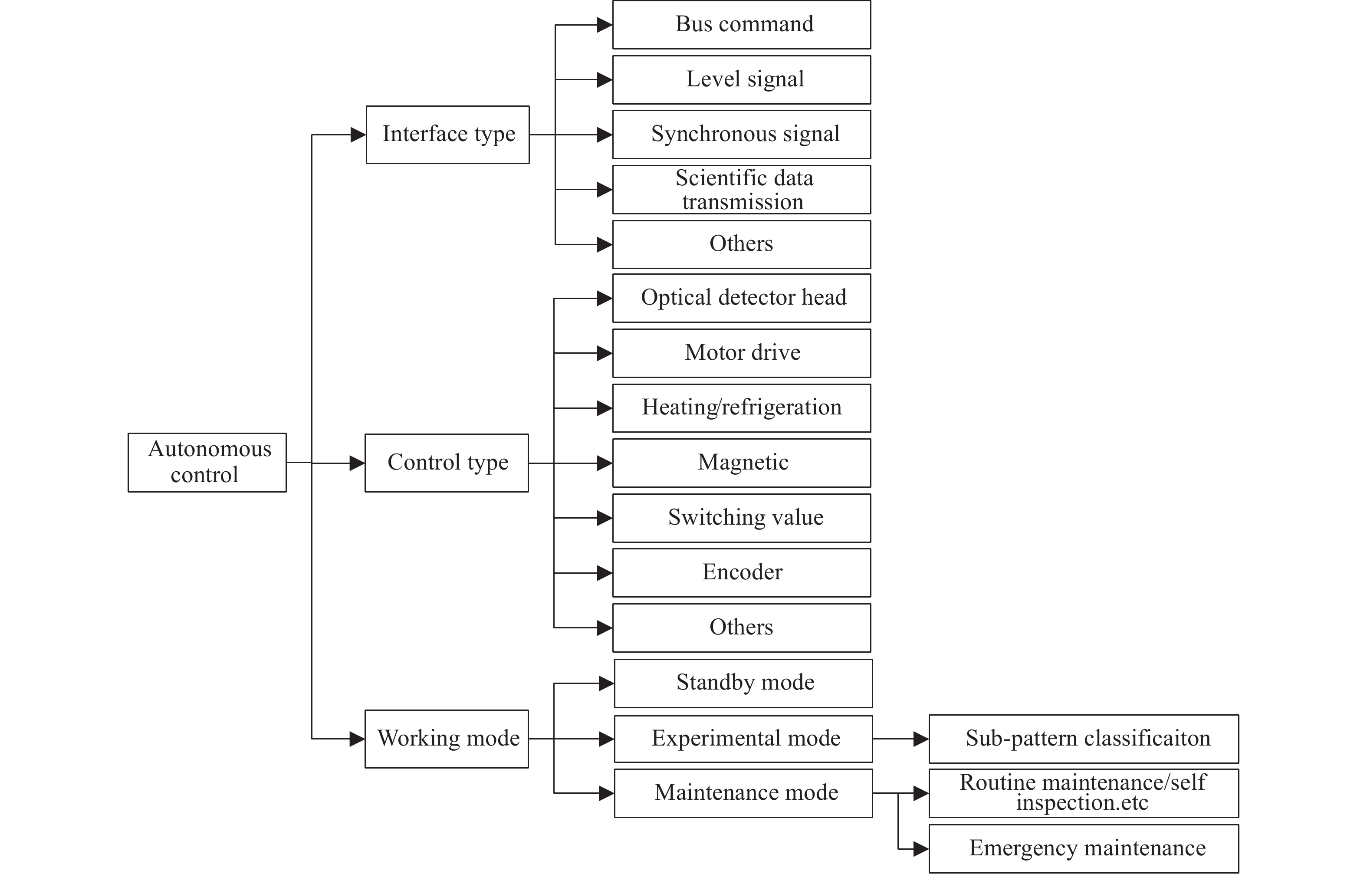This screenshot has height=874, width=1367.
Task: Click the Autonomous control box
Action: point(207,463)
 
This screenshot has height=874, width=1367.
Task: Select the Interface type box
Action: point(448,135)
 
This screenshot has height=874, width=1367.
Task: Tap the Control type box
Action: point(447,463)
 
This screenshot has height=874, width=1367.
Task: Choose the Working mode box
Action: point(447,739)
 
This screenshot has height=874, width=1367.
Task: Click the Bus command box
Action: point(741,24)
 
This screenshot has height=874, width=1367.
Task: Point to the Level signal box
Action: point(741,79)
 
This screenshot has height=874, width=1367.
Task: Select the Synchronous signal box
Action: point(741,135)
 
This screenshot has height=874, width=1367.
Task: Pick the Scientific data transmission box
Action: point(741,190)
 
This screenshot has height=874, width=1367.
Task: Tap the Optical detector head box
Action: point(741,298)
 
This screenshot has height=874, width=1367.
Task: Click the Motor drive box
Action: point(741,353)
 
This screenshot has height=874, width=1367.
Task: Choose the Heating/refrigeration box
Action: point(741,408)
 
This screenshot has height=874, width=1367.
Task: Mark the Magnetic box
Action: point(741,463)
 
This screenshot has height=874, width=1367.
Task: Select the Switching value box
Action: point(741,518)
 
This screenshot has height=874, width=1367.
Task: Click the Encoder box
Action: point(741,573)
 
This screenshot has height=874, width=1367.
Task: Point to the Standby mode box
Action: point(743,683)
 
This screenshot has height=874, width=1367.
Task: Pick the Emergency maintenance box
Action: point(1084,849)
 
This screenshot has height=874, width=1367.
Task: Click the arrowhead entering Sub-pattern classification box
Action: point(921,739)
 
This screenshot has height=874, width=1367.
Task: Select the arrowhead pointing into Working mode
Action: point(357,739)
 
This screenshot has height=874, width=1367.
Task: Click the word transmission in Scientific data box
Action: point(743,202)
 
